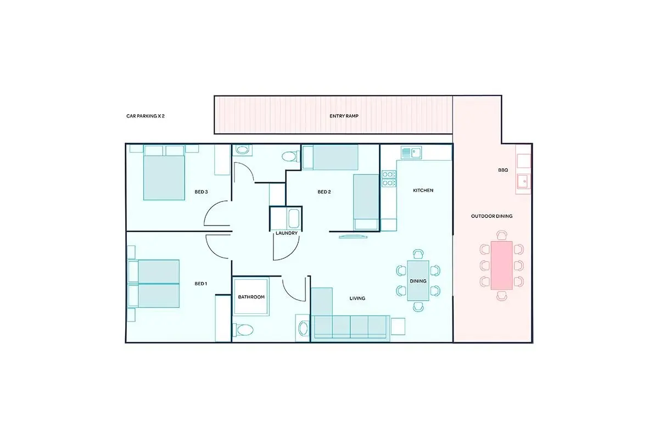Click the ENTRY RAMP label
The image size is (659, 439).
pyautogui.click(x=344, y=116)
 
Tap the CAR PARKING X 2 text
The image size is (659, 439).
pyautogui.click(x=146, y=116)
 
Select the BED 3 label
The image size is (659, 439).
pyautogui.click(x=201, y=192)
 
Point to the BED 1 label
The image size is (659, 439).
pyautogui.click(x=201, y=284)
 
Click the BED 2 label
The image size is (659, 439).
pyautogui.click(x=324, y=192)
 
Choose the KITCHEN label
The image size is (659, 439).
pyautogui.click(x=423, y=190)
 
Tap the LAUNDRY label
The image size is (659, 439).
pyautogui.click(x=287, y=233)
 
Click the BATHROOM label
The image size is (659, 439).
pyautogui.click(x=252, y=297)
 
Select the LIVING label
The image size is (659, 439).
pyautogui.click(x=358, y=299)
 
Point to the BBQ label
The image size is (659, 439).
pyautogui.click(x=503, y=170)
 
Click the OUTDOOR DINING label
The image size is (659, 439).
pyautogui.click(x=492, y=216)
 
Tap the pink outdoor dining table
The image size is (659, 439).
pyautogui.click(x=501, y=266)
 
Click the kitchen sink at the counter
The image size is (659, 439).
pyautogui.click(x=411, y=153)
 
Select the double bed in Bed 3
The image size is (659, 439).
pyautogui.click(x=164, y=173)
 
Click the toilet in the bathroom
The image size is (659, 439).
pyautogui.click(x=243, y=330)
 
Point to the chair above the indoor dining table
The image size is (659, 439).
pyautogui.click(x=418, y=254)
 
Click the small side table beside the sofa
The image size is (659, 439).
pyautogui.click(x=398, y=327)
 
